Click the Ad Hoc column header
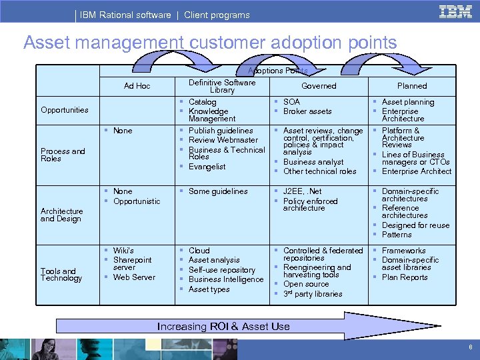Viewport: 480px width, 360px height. (137, 86)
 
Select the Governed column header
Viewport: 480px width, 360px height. (319, 86)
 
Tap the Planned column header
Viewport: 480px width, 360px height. (412, 86)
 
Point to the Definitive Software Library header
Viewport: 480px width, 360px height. (222, 86)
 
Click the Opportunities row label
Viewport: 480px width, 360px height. (64, 110)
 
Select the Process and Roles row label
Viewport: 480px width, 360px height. (63, 155)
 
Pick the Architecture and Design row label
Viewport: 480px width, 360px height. (61, 215)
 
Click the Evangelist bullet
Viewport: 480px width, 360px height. (207, 167)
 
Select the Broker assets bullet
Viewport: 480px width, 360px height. (307, 111)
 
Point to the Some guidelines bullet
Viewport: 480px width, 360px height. (218, 191)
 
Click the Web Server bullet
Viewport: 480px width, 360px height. (134, 277)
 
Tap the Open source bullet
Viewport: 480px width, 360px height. (306, 284)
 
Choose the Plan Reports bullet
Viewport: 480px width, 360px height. (405, 277)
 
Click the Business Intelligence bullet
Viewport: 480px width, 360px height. (226, 279)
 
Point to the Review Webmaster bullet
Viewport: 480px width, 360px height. (223, 140)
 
